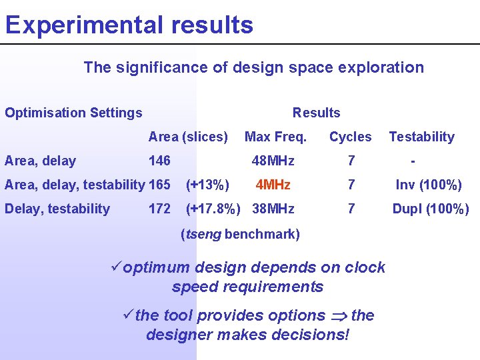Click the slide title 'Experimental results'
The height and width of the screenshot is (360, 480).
pos(129,25)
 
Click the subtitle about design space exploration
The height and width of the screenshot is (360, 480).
pos(253,67)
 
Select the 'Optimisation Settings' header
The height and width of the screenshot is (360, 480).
pos(73,113)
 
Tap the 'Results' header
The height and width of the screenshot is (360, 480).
pos(316,113)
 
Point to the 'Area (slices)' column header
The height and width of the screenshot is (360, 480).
pos(188,137)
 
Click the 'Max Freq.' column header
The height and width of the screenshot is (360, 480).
pos(275,137)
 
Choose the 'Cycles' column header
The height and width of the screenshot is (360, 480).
pos(350,137)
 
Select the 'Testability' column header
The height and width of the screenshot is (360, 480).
pos(421,137)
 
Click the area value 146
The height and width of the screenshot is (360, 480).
pos(159,161)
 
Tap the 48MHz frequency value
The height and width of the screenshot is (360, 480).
pos(273,161)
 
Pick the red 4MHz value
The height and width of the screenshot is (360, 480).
pos(273,185)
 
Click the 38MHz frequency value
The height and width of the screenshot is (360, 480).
pos(273,209)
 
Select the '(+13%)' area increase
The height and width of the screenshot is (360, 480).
pos(207,185)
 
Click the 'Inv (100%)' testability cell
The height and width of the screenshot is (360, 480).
pos(429,185)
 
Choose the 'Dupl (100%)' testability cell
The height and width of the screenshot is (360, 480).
pos(430,209)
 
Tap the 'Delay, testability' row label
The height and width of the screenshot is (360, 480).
pos(57,209)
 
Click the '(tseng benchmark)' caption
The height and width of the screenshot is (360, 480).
pos(240,234)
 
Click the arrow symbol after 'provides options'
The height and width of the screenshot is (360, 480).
pos(338,316)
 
